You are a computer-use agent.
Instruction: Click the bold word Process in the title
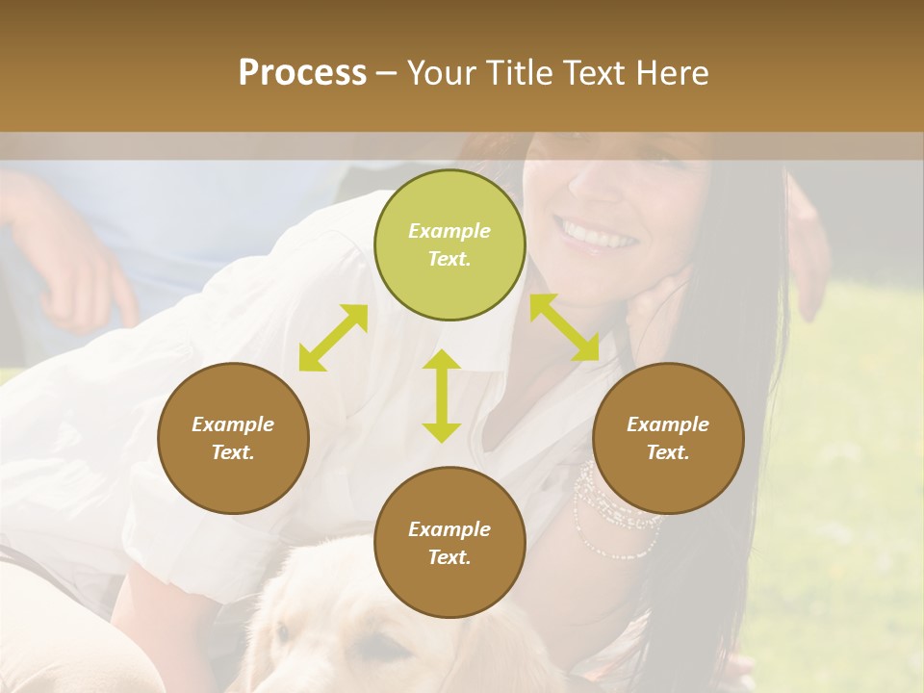point(302,72)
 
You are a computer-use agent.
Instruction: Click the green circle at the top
point(449,244)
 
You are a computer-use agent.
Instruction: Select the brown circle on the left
point(233,438)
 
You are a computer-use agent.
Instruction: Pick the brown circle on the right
point(668,438)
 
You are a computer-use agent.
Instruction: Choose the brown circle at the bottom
point(449,542)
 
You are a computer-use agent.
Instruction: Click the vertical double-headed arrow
point(442,396)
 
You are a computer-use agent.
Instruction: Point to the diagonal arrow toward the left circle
point(333,338)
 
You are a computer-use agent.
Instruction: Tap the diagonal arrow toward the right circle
point(564,327)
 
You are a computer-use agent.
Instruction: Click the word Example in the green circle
point(449,231)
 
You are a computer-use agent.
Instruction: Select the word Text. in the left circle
point(233,452)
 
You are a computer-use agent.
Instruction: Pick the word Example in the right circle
point(668,424)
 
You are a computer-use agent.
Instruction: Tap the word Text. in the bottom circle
point(449,557)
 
